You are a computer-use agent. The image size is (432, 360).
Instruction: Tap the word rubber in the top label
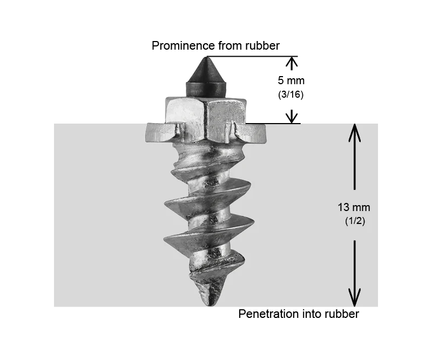pos(262,45)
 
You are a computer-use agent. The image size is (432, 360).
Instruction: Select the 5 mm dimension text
pos(291,80)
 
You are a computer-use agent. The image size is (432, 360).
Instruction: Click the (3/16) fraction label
pos(291,94)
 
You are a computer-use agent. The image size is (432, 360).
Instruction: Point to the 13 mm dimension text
pos(354,207)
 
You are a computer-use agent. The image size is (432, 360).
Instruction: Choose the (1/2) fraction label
pos(355,221)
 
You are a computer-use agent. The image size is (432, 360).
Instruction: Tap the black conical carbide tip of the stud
pos(206,77)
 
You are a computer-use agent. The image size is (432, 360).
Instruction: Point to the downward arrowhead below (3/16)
pos(292,117)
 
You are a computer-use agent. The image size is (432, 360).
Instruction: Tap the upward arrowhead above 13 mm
pos(355,133)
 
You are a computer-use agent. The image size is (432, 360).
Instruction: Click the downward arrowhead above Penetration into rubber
pos(355,297)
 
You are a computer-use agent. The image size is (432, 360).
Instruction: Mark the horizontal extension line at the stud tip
pos(252,57)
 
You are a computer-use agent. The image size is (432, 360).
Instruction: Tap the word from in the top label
pos(231,46)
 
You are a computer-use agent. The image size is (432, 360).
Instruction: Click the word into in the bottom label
pos(308,314)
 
